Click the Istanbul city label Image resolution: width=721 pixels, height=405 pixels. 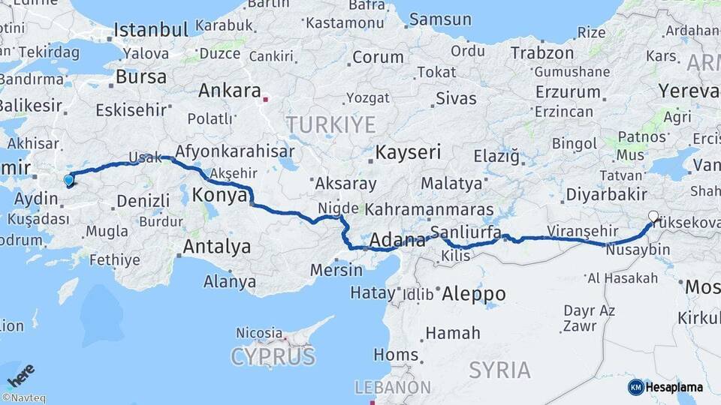(x=150, y=31)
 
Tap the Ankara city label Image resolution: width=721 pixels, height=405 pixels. (x=228, y=91)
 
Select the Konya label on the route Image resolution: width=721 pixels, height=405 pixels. (x=220, y=196)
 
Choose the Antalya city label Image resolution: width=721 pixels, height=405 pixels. (x=216, y=246)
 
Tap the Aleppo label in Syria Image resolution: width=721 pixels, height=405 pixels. (x=473, y=293)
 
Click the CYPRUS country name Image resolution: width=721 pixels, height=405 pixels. (x=273, y=357)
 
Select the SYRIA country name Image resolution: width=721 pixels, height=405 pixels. (x=499, y=369)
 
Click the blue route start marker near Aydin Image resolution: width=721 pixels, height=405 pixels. (x=69, y=179)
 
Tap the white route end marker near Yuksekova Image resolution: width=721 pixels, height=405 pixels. (x=653, y=217)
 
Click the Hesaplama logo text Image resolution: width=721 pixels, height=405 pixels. (x=674, y=387)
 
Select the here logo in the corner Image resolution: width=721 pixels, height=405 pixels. (x=21, y=375)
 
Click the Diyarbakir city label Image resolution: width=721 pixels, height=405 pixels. (x=606, y=194)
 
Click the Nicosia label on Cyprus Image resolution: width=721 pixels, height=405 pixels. (x=258, y=331)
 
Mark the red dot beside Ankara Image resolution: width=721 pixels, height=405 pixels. (x=265, y=96)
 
